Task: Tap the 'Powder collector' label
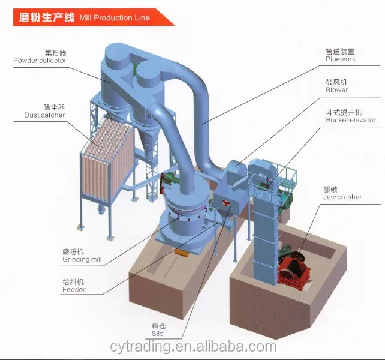[x=40, y=60]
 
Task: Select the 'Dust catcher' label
[x=44, y=115]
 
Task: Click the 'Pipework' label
[x=341, y=60]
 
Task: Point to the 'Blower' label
[x=337, y=90]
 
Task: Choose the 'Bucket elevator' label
[x=351, y=120]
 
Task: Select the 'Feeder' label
[x=74, y=290]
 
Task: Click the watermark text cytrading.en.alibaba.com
[x=192, y=347]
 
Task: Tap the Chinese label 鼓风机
[x=336, y=82]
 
